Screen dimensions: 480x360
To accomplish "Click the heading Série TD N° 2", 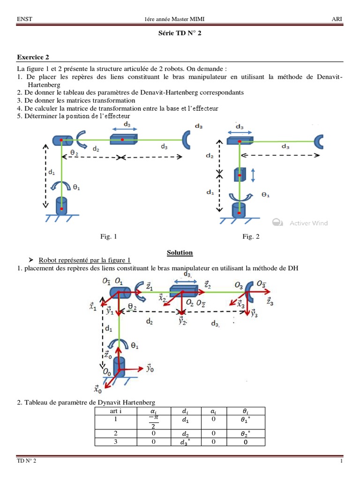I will click(180, 34).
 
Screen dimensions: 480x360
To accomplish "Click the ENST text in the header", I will click(24, 19).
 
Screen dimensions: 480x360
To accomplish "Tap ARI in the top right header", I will click(337, 19).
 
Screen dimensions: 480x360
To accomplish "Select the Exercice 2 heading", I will click(33, 58).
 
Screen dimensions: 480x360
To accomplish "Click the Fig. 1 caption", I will click(109, 237).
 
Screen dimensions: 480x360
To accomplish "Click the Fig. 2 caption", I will click(251, 237).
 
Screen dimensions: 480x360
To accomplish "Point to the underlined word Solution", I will click(180, 253).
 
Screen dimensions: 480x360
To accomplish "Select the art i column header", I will click(115, 411).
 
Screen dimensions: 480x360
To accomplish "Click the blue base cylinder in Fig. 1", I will click(61, 205).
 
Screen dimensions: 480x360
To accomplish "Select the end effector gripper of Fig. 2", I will click(320, 140).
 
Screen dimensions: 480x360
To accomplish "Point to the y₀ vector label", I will click(150, 368).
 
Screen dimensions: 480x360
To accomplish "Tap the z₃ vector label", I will click(270, 302).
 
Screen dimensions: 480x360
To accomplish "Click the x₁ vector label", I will click(93, 307).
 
